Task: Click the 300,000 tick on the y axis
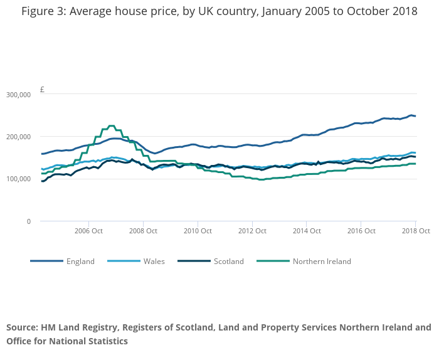[x=19, y=95]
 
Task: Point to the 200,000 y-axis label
[x=19, y=137]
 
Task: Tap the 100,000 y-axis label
[x=19, y=179]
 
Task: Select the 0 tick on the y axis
[x=28, y=221]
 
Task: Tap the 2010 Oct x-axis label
[x=197, y=231]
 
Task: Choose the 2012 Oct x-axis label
[x=251, y=231]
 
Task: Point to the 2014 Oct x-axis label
[x=306, y=231]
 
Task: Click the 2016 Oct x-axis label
[x=361, y=231]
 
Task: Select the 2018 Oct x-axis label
[x=415, y=231]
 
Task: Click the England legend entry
[x=80, y=262]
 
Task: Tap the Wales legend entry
[x=154, y=262]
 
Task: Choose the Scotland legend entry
[x=229, y=262]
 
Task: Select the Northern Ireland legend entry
[x=322, y=262]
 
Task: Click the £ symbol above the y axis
[x=42, y=90]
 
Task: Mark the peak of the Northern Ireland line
[x=112, y=126]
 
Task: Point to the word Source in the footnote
[x=23, y=327]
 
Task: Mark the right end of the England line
[x=415, y=116]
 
